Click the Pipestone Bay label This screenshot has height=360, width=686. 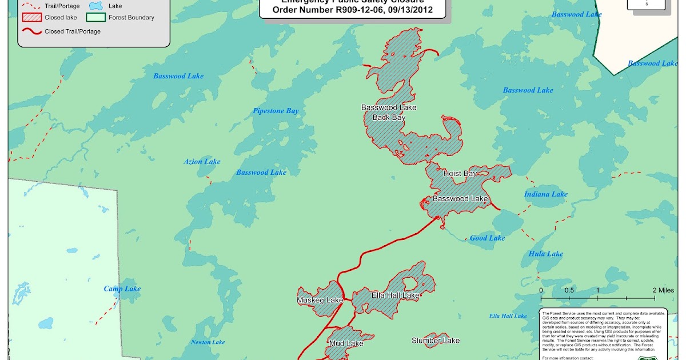(x=276, y=111)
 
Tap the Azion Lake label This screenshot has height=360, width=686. (x=202, y=162)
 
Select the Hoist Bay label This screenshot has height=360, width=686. (x=460, y=173)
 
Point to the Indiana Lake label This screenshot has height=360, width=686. (x=546, y=194)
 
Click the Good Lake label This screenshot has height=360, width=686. (x=487, y=238)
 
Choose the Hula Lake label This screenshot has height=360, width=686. (x=546, y=254)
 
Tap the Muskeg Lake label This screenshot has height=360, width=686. (x=320, y=300)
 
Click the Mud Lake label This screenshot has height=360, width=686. (x=346, y=343)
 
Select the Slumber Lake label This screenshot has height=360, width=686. (x=435, y=341)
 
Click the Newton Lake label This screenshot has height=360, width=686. (x=208, y=342)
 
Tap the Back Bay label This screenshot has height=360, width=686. (x=389, y=118)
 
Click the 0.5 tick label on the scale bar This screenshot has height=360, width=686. (x=569, y=290)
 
